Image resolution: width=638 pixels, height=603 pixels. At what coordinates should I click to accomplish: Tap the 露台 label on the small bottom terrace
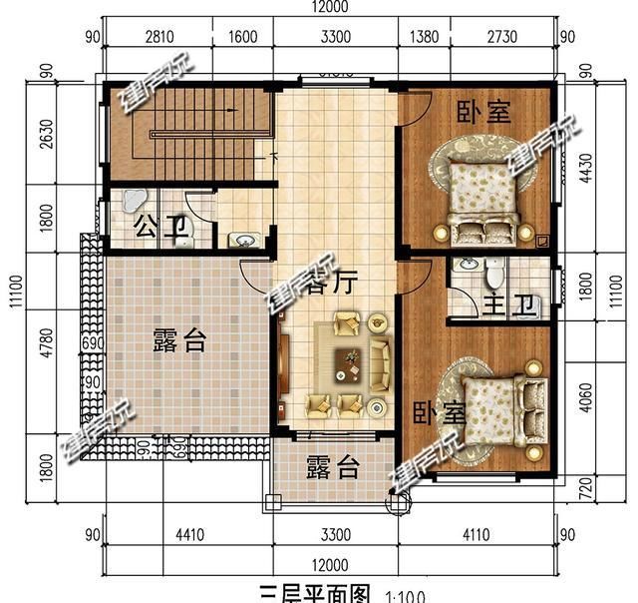(332, 466)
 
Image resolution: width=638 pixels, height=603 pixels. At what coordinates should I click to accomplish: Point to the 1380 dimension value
(425, 38)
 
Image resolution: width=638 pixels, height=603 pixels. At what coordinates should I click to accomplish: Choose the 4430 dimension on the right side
(596, 166)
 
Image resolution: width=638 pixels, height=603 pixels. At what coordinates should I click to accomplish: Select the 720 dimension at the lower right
(596, 490)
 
